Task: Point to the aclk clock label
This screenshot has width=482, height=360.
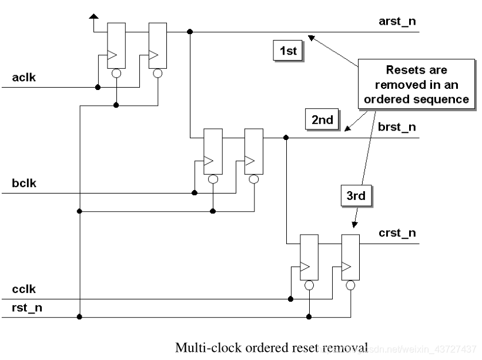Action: coord(24,77)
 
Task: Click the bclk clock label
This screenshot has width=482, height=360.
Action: coord(24,183)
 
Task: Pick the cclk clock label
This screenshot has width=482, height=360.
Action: coord(24,289)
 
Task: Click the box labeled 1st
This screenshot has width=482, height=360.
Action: coord(288,51)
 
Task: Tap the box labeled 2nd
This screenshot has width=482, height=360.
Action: coord(322,119)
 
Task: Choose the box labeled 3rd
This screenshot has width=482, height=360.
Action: coord(356,196)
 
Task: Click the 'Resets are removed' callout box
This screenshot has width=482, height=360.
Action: coord(416,84)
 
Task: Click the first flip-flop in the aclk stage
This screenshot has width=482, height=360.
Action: coord(116,46)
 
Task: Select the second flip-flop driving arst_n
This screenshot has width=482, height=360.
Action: coord(157,46)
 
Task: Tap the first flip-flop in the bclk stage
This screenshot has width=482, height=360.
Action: coord(212,151)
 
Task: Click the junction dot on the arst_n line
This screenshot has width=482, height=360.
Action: coord(190,32)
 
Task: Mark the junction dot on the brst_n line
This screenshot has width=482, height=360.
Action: coord(286,138)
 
